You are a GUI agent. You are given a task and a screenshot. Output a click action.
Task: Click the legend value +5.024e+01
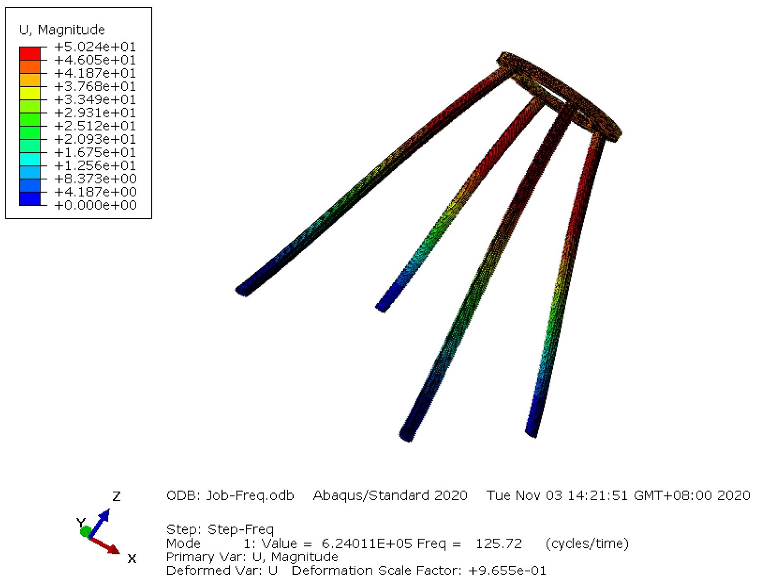tap(95, 47)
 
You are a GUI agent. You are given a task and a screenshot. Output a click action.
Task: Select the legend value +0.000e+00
tap(95, 205)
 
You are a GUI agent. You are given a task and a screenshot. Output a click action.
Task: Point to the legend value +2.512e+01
tap(95, 126)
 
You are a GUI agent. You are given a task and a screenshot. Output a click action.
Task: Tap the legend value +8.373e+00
tap(95, 179)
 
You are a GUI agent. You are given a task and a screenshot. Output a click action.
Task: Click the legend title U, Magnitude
tap(62, 30)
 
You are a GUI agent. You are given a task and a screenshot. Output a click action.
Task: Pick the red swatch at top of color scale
tap(30, 53)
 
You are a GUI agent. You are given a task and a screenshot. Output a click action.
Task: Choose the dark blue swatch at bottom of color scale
tap(30, 199)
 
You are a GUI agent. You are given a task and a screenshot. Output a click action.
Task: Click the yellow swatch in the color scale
tap(30, 93)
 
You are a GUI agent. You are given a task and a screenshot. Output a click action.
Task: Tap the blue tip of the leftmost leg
tap(243, 291)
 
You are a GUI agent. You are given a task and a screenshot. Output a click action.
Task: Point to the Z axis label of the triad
tap(116, 497)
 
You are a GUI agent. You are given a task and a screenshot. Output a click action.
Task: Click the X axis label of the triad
tap(132, 559)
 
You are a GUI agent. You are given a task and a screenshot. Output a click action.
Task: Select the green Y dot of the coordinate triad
tap(85, 532)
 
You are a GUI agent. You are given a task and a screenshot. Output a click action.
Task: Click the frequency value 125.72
tap(499, 544)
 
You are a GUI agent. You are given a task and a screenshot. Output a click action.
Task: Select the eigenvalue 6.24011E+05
tap(367, 544)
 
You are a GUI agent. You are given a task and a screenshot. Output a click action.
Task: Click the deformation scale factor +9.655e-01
tap(507, 570)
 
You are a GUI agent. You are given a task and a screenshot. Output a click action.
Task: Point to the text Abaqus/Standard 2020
tap(390, 495)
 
